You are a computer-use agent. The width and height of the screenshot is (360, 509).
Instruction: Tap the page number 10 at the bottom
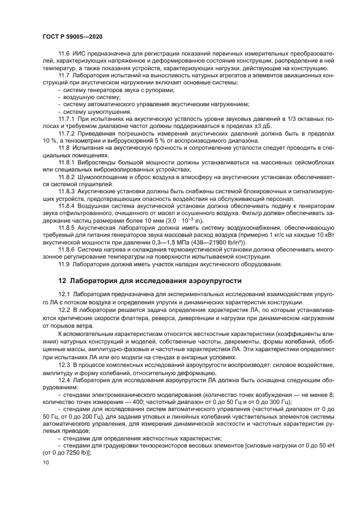tap(45, 462)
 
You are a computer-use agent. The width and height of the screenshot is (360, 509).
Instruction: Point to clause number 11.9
tap(65, 264)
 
